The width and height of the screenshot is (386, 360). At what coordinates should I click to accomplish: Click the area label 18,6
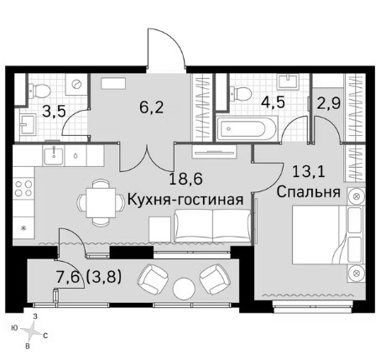[x=186, y=179]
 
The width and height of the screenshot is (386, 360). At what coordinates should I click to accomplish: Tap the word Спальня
[x=309, y=192]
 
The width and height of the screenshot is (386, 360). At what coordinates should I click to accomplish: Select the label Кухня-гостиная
[x=185, y=200]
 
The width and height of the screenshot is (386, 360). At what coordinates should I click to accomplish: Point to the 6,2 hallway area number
[x=151, y=107]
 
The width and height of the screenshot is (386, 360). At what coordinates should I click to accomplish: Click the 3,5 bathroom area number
[x=54, y=112]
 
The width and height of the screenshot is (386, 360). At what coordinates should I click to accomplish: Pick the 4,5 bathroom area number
[x=273, y=102]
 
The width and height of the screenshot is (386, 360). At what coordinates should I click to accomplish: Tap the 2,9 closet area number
[x=329, y=103]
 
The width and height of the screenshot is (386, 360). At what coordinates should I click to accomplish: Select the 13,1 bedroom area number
[x=309, y=171]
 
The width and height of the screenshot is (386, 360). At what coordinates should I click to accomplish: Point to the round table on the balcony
[x=184, y=289]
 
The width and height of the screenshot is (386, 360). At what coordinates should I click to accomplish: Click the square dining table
[x=101, y=203]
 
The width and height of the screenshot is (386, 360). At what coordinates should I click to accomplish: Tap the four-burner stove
[x=23, y=188]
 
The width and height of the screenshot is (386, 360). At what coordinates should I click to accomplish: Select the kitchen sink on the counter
[x=54, y=155]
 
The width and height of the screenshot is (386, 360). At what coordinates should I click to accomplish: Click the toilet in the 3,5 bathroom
[x=40, y=91]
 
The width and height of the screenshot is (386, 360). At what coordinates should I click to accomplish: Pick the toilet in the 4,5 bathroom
[x=241, y=93]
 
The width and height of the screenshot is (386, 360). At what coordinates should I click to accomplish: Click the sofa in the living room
[x=212, y=226]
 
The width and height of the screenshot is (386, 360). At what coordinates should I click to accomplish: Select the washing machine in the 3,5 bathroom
[x=76, y=84]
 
